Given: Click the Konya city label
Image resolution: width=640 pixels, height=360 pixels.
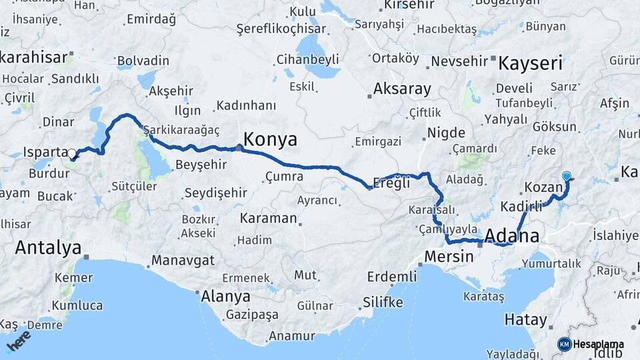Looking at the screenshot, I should (x=270, y=139).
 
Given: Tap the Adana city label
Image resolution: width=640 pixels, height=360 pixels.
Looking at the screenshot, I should (x=512, y=235).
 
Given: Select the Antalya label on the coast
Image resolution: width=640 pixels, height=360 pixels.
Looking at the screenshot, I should (x=47, y=247).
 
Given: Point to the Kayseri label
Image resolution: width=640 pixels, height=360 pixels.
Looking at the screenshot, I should (x=531, y=64).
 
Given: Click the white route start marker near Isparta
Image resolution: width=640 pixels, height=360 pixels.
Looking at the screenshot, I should (x=72, y=154).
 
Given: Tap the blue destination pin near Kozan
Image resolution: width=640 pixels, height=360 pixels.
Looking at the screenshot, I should (x=567, y=177).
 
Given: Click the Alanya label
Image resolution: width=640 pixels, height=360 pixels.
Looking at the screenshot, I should (x=226, y=297).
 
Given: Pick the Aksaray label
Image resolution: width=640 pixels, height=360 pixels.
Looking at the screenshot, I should (x=402, y=89).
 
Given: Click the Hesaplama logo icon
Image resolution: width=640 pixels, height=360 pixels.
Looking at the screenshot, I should (x=564, y=344).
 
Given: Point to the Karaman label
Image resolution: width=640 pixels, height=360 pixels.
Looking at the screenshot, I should (x=267, y=219).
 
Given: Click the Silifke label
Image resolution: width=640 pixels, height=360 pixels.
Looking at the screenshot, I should (x=383, y=302).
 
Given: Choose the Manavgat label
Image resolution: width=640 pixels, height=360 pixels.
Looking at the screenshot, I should (x=181, y=260).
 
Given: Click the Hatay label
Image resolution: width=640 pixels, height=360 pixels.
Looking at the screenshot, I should (x=525, y=319).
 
